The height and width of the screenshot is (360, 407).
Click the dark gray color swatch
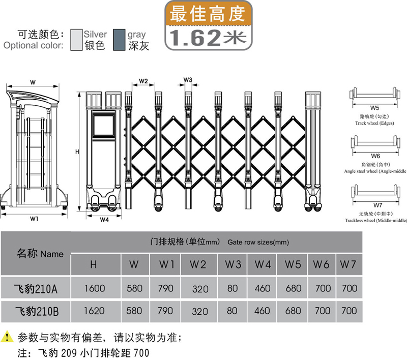click(120, 40)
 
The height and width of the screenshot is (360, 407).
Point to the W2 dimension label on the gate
click(143, 81)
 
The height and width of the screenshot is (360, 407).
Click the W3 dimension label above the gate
click(188, 80)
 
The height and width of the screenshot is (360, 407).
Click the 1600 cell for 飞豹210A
click(94, 289)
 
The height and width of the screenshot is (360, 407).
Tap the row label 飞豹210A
click(35, 289)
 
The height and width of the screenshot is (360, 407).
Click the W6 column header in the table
click(322, 264)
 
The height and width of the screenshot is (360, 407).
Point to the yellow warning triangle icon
click(7, 336)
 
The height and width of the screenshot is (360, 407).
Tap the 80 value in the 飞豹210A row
click(232, 289)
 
